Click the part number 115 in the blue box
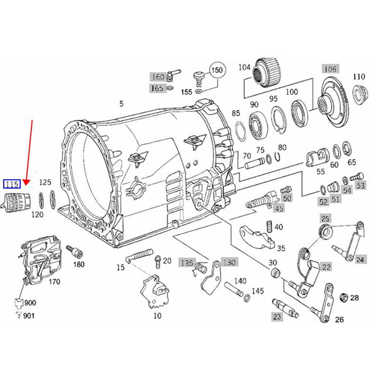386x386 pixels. (x=12, y=184)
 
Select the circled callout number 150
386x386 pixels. (x=217, y=70)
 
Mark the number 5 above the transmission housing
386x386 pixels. (x=122, y=103)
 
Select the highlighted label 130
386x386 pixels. (x=229, y=262)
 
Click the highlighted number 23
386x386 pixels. (x=276, y=317)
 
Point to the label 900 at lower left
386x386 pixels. (x=29, y=303)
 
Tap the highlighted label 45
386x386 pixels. (x=279, y=208)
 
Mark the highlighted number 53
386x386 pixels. (x=360, y=185)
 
